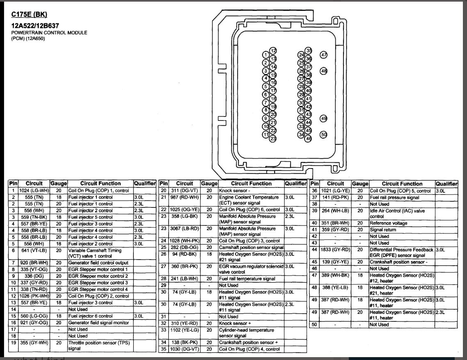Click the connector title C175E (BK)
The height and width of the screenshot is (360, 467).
[x=29, y=15]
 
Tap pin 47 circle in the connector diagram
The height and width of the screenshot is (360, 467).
[x=324, y=55]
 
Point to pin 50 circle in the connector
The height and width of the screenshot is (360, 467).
[x=324, y=134]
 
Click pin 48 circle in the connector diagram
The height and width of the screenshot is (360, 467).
[x=324, y=71]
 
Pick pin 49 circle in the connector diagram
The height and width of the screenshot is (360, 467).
[x=324, y=118]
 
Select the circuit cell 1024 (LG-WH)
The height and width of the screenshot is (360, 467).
[x=34, y=191]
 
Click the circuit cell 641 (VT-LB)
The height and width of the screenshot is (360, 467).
[x=34, y=250]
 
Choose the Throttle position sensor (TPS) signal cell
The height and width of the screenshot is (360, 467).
[x=100, y=346]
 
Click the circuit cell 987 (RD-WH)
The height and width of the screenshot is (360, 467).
[x=185, y=198]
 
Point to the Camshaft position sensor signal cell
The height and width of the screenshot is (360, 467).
[x=251, y=248]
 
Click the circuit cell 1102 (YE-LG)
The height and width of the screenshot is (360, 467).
[x=185, y=330]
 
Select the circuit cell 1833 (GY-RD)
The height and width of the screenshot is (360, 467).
[x=336, y=250]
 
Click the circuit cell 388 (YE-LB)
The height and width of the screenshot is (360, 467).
[x=336, y=287]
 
